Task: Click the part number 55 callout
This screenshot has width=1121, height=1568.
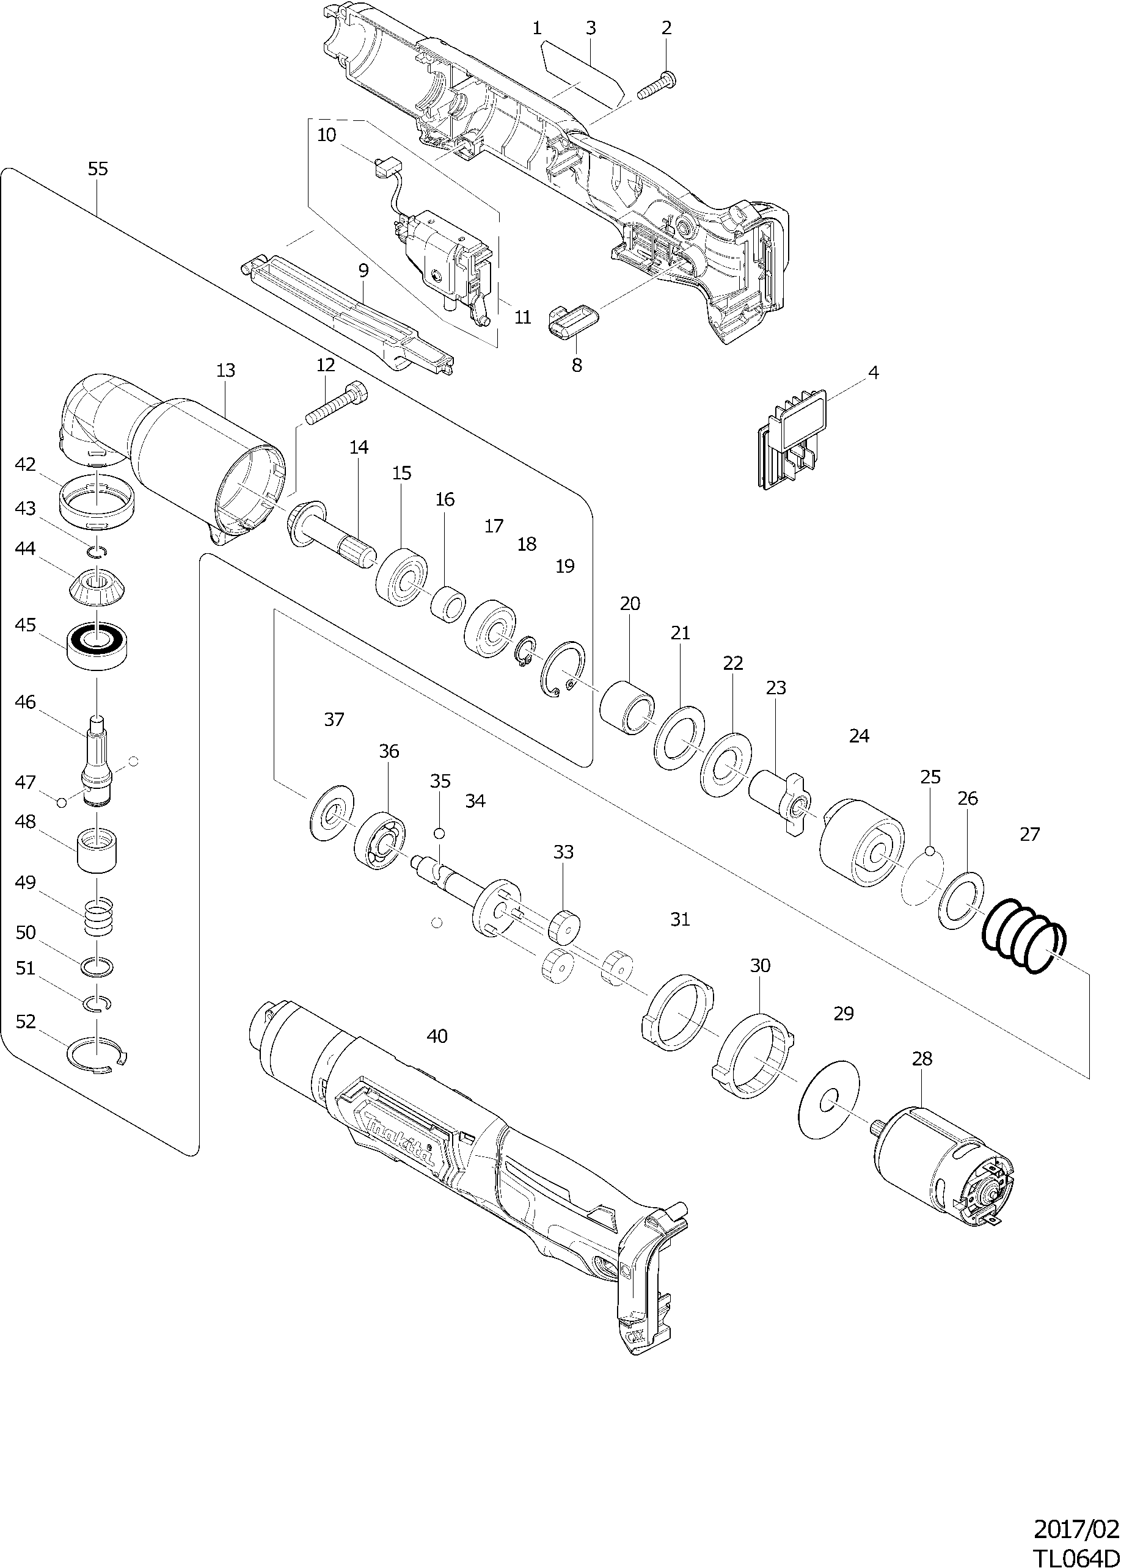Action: [98, 169]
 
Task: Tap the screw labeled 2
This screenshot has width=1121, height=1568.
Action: [658, 85]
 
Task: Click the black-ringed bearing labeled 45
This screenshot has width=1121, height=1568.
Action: [97, 645]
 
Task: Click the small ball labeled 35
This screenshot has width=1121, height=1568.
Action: [441, 834]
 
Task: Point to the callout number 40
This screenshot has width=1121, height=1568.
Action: [437, 1036]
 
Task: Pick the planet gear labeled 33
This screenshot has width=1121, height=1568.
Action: [564, 926]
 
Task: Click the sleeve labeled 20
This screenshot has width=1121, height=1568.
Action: [627, 708]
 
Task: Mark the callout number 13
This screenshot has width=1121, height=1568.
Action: [225, 371]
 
